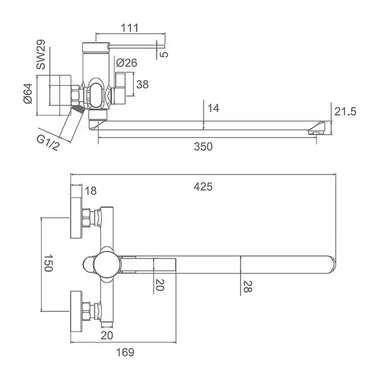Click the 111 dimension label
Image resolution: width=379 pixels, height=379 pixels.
pyautogui.click(x=129, y=28)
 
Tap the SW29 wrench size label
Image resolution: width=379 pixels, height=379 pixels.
pyautogui.click(x=41, y=54)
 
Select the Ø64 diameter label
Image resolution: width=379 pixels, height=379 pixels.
pyautogui.click(x=28, y=93)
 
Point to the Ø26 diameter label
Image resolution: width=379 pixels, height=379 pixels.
pyautogui.click(x=126, y=63)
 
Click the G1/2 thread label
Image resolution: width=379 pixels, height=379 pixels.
pyautogui.click(x=47, y=143)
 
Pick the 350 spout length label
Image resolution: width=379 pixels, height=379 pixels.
pyautogui.click(x=203, y=147)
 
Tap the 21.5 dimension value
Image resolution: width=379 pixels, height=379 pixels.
pyautogui.click(x=346, y=112)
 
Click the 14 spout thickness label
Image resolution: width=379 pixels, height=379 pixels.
pyautogui.click(x=214, y=108)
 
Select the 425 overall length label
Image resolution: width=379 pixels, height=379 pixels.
pyautogui.click(x=203, y=187)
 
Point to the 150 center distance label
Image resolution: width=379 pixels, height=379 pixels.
pyautogui.click(x=48, y=263)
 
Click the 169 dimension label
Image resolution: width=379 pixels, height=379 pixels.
pyautogui.click(x=125, y=352)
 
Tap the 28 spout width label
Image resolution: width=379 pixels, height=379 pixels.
pyautogui.click(x=248, y=287)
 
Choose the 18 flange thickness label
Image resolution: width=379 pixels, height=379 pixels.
pyautogui.click(x=90, y=191)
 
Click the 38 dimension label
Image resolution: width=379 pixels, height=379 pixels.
pyautogui.click(x=142, y=85)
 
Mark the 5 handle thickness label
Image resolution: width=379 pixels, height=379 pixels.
pyautogui.click(x=164, y=54)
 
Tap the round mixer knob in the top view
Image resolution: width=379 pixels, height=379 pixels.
pyautogui.click(x=107, y=265)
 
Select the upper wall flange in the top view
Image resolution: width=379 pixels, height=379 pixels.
pyautogui.click(x=76, y=218)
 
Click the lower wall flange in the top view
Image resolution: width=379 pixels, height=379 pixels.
pyautogui.click(x=76, y=311)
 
